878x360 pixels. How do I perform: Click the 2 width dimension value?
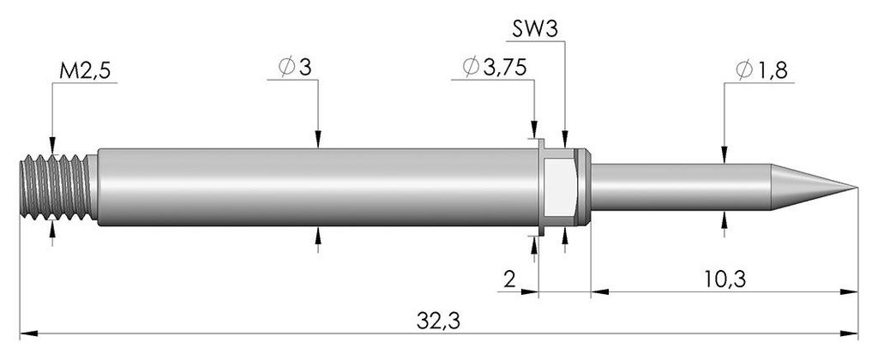click(x=511, y=279)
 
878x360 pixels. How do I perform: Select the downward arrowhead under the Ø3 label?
click(x=318, y=141)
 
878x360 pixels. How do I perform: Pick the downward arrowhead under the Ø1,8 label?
click(x=725, y=156)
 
